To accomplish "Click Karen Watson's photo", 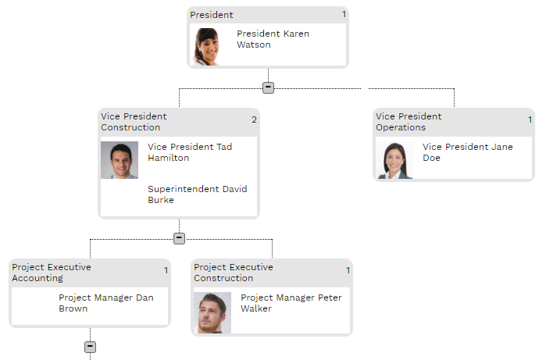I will pyautogui.click(x=207, y=46).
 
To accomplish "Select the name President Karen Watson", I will pyautogui.click(x=273, y=39).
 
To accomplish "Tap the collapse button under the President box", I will pyautogui.click(x=268, y=87).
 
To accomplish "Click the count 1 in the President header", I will pyautogui.click(x=344, y=14).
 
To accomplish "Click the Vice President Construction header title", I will pyautogui.click(x=134, y=122).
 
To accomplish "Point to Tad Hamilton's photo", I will pyautogui.click(x=120, y=160).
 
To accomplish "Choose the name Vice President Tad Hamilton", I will pyautogui.click(x=190, y=152).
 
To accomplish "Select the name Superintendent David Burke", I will pyautogui.click(x=197, y=194).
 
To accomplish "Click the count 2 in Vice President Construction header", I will pyautogui.click(x=254, y=119).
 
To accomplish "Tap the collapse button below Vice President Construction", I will pyautogui.click(x=179, y=238).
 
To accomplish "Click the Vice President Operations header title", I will pyautogui.click(x=409, y=122).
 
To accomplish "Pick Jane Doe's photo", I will pyautogui.click(x=394, y=160).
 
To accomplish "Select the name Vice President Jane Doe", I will pyautogui.click(x=467, y=152).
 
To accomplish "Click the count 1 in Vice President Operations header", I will pyautogui.click(x=530, y=119).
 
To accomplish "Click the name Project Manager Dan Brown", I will pyautogui.click(x=106, y=303).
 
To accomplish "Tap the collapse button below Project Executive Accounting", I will pyautogui.click(x=90, y=347).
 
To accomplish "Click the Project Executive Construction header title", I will pyautogui.click(x=234, y=273).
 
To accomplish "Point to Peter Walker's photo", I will pyautogui.click(x=212, y=313).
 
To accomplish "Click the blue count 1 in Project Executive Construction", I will pyautogui.click(x=348, y=270).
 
